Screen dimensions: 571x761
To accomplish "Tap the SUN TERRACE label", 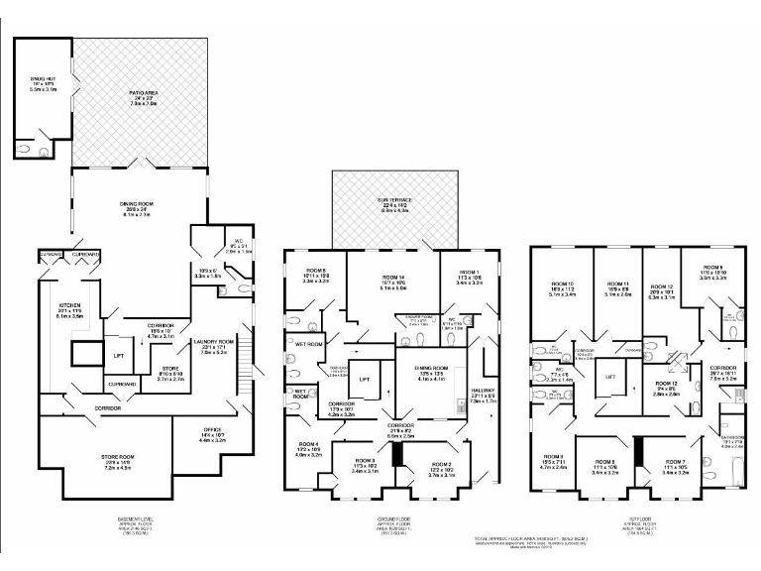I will [x=395, y=204].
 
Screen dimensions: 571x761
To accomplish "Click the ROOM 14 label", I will [x=394, y=280].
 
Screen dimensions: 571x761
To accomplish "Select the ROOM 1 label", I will [x=468, y=278].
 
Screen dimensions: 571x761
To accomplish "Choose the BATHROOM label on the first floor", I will [x=731, y=442].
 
